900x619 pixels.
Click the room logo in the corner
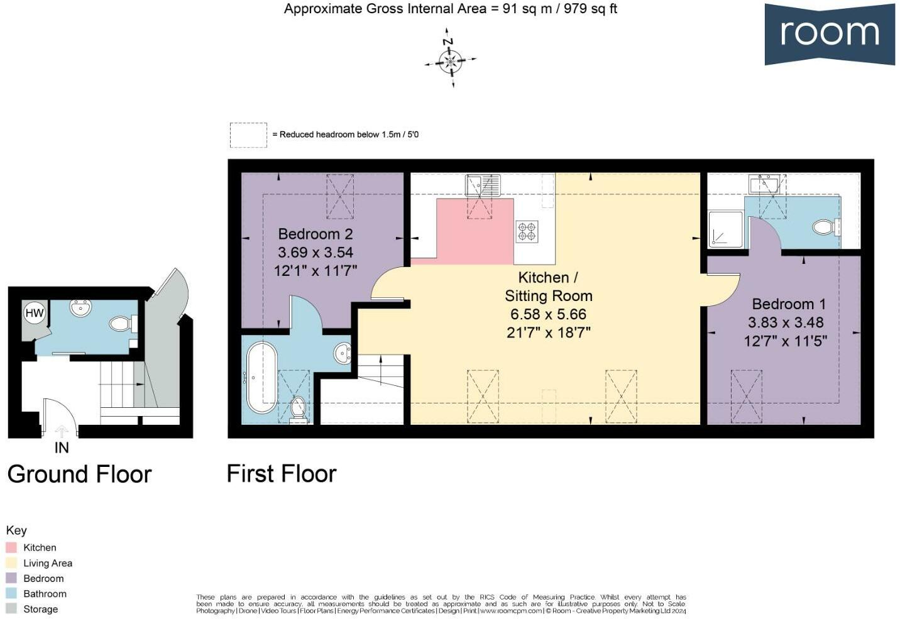point(829,34)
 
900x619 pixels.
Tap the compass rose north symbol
point(450,60)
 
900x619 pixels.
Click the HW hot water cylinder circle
point(35,313)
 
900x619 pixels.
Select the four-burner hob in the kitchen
point(527,231)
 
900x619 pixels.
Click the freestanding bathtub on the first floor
point(260,375)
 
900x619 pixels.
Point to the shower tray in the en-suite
point(725,229)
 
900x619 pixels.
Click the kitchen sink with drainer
point(483,185)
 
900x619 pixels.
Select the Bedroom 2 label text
point(315,234)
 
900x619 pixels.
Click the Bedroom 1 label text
point(788,304)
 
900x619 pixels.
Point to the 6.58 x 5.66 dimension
point(548,314)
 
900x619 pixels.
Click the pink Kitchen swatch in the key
point(11,547)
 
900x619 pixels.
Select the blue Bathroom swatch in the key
point(11,593)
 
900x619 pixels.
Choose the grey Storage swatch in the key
point(11,608)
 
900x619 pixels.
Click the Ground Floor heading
point(80,474)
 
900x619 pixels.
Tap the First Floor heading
point(282,474)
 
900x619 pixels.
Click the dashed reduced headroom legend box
point(248,134)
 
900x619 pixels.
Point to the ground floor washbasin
point(80,309)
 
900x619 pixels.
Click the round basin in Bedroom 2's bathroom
point(342,353)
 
